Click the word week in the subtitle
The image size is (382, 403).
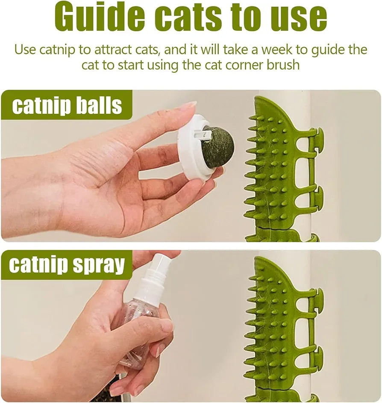[x=278, y=50]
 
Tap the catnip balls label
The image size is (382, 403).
[x=67, y=106]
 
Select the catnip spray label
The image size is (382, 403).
[x=67, y=265]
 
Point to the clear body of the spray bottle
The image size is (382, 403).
[x=137, y=317]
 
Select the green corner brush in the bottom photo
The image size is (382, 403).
[x=278, y=329]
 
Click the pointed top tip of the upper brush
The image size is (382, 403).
[x=258, y=99]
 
